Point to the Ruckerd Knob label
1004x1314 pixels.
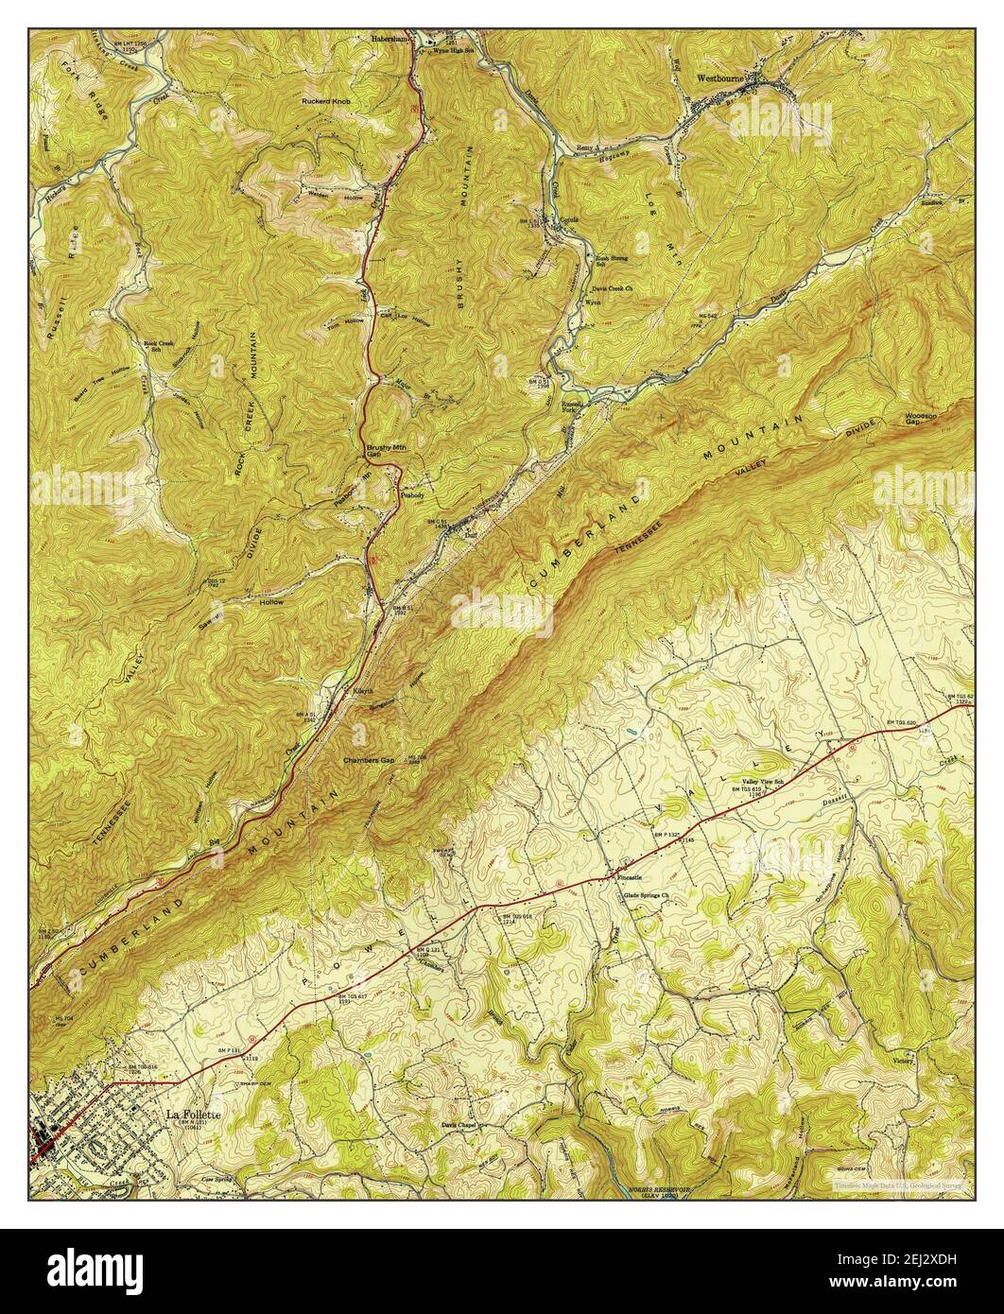(x=328, y=100)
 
